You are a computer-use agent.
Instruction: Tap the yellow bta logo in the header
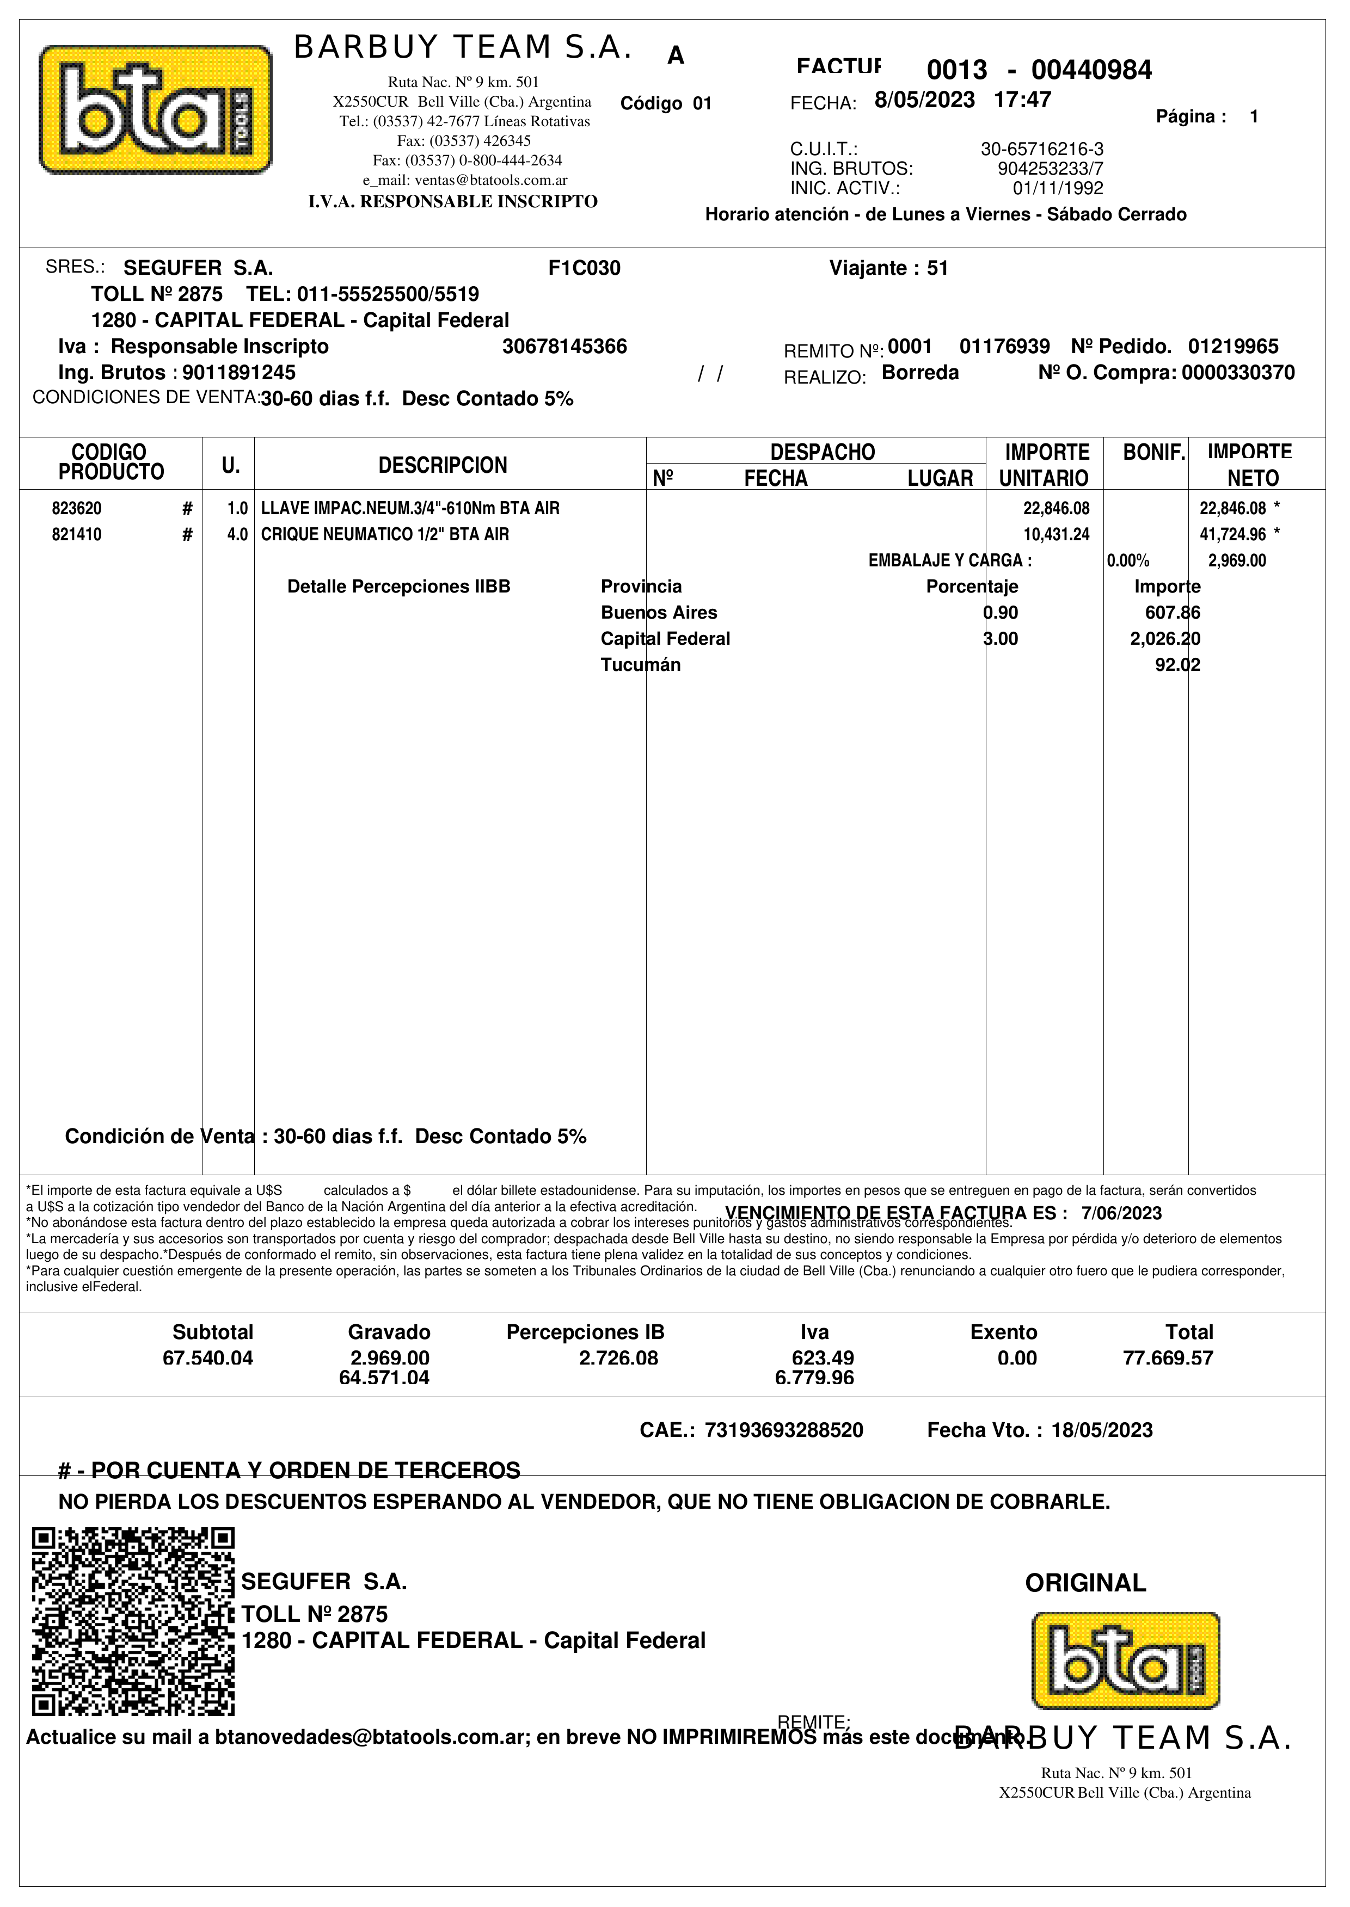tap(156, 110)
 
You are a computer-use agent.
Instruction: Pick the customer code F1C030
tap(585, 268)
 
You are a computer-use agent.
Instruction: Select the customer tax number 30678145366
tap(564, 347)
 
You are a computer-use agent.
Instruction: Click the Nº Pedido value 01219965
tap(1233, 347)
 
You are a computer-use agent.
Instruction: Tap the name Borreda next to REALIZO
tap(919, 373)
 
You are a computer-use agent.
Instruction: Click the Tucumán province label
tap(640, 665)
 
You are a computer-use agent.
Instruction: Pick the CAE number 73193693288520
tap(783, 1430)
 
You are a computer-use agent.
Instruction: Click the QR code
tap(133, 1621)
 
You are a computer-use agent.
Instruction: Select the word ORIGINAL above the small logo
tap(1085, 1583)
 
